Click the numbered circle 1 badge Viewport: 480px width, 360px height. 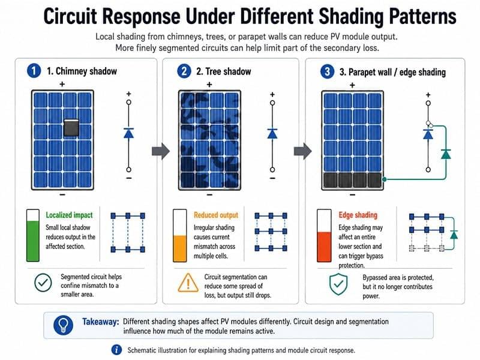(x=34, y=71)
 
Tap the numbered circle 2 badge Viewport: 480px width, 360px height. (x=184, y=71)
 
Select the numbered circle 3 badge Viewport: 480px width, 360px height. (x=327, y=71)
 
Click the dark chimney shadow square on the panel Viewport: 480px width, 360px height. (x=71, y=128)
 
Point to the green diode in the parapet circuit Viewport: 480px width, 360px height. (x=446, y=154)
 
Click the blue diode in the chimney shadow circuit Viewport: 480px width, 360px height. (x=128, y=133)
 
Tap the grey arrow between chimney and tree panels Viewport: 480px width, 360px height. (x=161, y=151)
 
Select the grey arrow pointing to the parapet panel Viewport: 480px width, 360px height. (x=303, y=151)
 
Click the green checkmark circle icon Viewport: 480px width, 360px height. (x=43, y=283)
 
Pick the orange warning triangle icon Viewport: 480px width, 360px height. (x=188, y=283)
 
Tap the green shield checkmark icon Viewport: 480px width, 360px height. (x=338, y=284)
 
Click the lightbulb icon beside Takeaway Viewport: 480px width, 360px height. (x=64, y=325)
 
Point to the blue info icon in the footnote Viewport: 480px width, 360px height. (x=116, y=350)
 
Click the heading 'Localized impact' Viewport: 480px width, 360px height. (x=69, y=215)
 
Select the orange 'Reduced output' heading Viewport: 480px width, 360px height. (x=216, y=215)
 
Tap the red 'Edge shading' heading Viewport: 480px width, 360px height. (x=358, y=215)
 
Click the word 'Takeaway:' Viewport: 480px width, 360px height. (x=100, y=322)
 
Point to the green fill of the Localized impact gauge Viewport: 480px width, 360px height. (x=33, y=241)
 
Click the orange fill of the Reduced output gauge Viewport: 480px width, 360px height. (x=179, y=248)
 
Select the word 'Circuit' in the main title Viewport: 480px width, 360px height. (x=70, y=16)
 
